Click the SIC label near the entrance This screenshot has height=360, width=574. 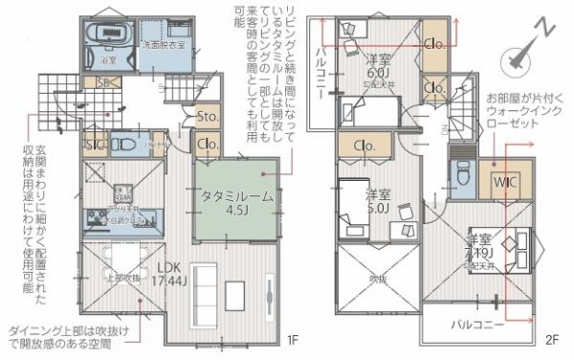point(95,146)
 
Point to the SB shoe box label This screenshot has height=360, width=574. point(102,84)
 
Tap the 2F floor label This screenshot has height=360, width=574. point(552,340)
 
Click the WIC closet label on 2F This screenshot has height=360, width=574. point(505,182)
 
